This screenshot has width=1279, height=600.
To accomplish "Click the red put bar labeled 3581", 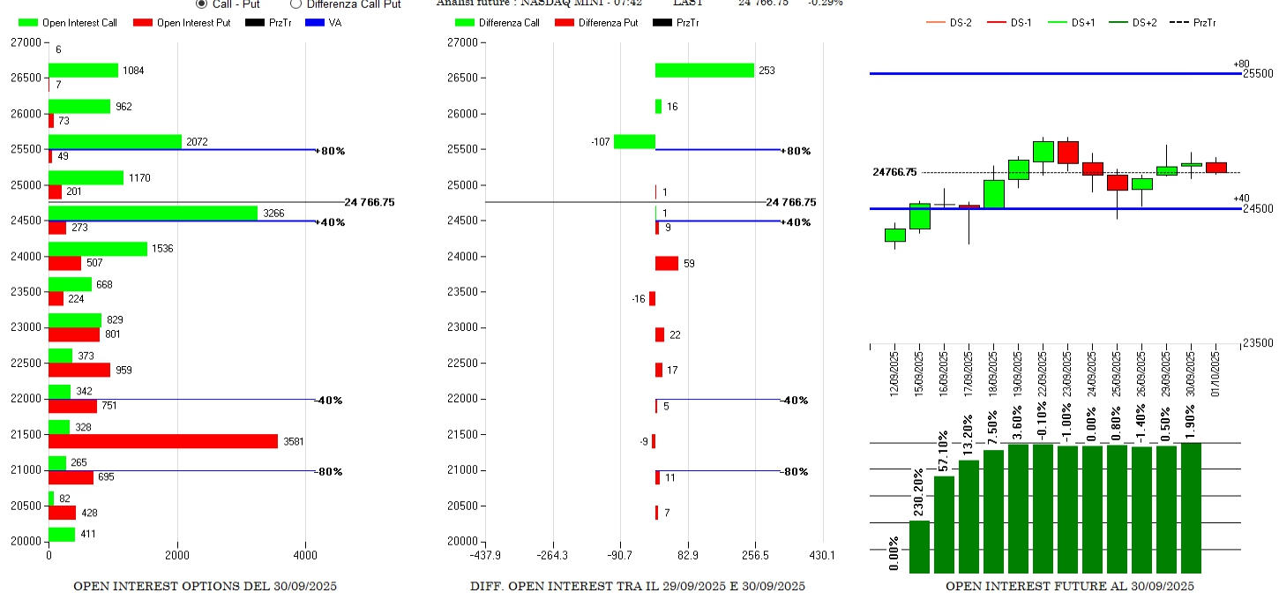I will pyautogui.click(x=163, y=441).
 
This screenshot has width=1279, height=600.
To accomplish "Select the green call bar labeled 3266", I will pyautogui.click(x=153, y=213).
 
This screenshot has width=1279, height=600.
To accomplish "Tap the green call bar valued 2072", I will pyautogui.click(x=115, y=141).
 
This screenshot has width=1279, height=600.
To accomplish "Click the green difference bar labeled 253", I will pyautogui.click(x=704, y=71).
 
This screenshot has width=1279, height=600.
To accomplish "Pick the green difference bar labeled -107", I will pyautogui.click(x=634, y=141).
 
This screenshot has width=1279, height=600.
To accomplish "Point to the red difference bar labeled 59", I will pyautogui.click(x=666, y=263).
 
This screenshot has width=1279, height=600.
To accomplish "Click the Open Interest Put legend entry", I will pyautogui.click(x=183, y=22).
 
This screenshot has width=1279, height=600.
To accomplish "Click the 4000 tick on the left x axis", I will pyautogui.click(x=305, y=556).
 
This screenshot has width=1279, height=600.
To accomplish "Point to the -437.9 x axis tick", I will pyautogui.click(x=486, y=556).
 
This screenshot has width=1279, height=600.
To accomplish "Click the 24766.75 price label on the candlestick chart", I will pyautogui.click(x=894, y=172).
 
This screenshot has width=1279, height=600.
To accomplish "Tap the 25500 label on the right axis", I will pyautogui.click(x=1257, y=73).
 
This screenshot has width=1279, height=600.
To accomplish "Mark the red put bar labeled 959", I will pyautogui.click(x=79, y=370).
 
